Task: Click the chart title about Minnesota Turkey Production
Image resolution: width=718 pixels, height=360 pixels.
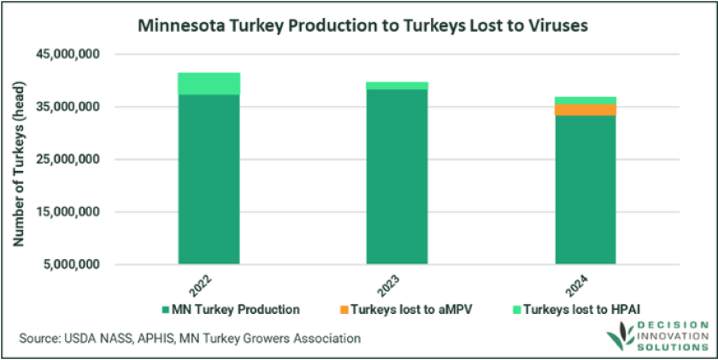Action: click(359, 26)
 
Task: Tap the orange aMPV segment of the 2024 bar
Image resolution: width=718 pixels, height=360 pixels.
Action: click(585, 109)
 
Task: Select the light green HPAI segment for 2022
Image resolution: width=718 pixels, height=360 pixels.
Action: click(209, 83)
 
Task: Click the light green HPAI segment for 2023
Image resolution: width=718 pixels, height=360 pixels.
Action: click(397, 86)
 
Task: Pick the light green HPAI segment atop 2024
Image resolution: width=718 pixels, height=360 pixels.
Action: click(585, 100)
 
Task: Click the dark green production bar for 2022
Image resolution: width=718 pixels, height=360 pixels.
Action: click(209, 180)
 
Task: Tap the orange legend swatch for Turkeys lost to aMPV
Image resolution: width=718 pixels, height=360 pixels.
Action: click(330, 310)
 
